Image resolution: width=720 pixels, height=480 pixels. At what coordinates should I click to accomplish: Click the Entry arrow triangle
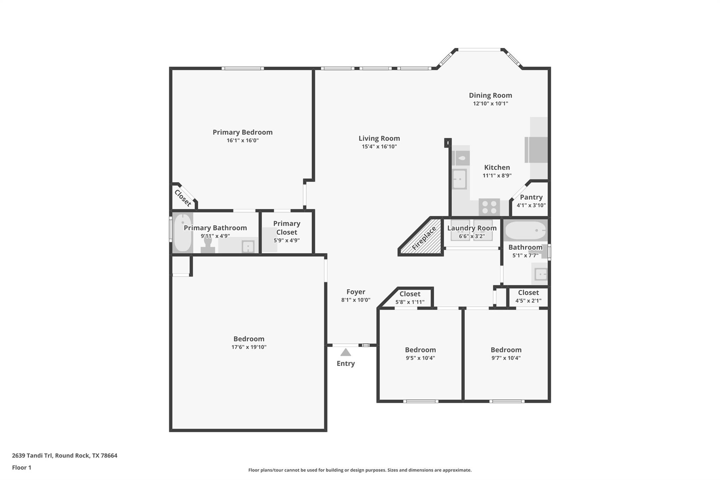pyautogui.click(x=346, y=352)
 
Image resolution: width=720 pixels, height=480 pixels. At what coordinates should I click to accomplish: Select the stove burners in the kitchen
pyautogui.click(x=489, y=207)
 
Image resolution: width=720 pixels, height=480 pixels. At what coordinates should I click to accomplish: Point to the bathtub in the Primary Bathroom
pyautogui.click(x=182, y=232)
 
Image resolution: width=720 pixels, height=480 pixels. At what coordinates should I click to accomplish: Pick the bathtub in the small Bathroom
pyautogui.click(x=525, y=230)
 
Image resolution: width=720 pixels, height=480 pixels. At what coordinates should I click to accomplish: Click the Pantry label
pyautogui.click(x=531, y=197)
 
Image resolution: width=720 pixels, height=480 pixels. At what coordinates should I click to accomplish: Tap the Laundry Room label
pyautogui.click(x=471, y=228)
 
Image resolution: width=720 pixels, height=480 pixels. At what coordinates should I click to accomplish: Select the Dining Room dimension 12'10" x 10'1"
pyautogui.click(x=490, y=103)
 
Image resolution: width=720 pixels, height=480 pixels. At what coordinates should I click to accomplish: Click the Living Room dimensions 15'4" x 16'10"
pyautogui.click(x=379, y=147)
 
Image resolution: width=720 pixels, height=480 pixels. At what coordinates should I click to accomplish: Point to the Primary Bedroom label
pyautogui.click(x=242, y=132)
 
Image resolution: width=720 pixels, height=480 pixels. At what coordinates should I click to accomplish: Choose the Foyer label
pyautogui.click(x=355, y=292)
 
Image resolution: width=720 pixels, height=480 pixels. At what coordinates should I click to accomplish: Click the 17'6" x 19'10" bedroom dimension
pyautogui.click(x=249, y=347)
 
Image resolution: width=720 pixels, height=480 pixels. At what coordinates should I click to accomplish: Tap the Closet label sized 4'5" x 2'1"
pyautogui.click(x=528, y=293)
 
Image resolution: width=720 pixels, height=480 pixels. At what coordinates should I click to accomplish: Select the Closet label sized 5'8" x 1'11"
pyautogui.click(x=410, y=294)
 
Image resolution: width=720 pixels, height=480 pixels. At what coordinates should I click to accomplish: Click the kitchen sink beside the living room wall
pyautogui.click(x=459, y=179)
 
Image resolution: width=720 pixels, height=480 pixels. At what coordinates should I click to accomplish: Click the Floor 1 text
pyautogui.click(x=21, y=468)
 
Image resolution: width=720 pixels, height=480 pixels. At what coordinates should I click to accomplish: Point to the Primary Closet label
pyautogui.click(x=287, y=228)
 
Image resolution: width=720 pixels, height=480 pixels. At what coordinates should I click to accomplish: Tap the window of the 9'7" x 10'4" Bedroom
pyautogui.click(x=507, y=401)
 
